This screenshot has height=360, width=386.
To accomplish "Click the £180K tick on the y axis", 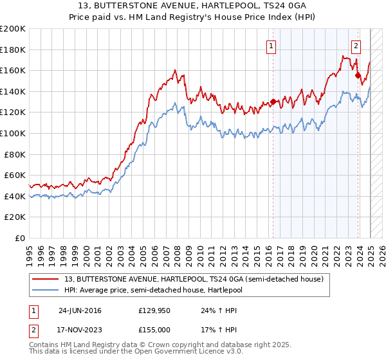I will click(13, 50).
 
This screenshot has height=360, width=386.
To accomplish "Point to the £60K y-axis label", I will click(15, 175).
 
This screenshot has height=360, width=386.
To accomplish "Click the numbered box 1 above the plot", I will click(272, 46).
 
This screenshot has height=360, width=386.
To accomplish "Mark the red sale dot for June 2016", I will click(273, 102).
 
